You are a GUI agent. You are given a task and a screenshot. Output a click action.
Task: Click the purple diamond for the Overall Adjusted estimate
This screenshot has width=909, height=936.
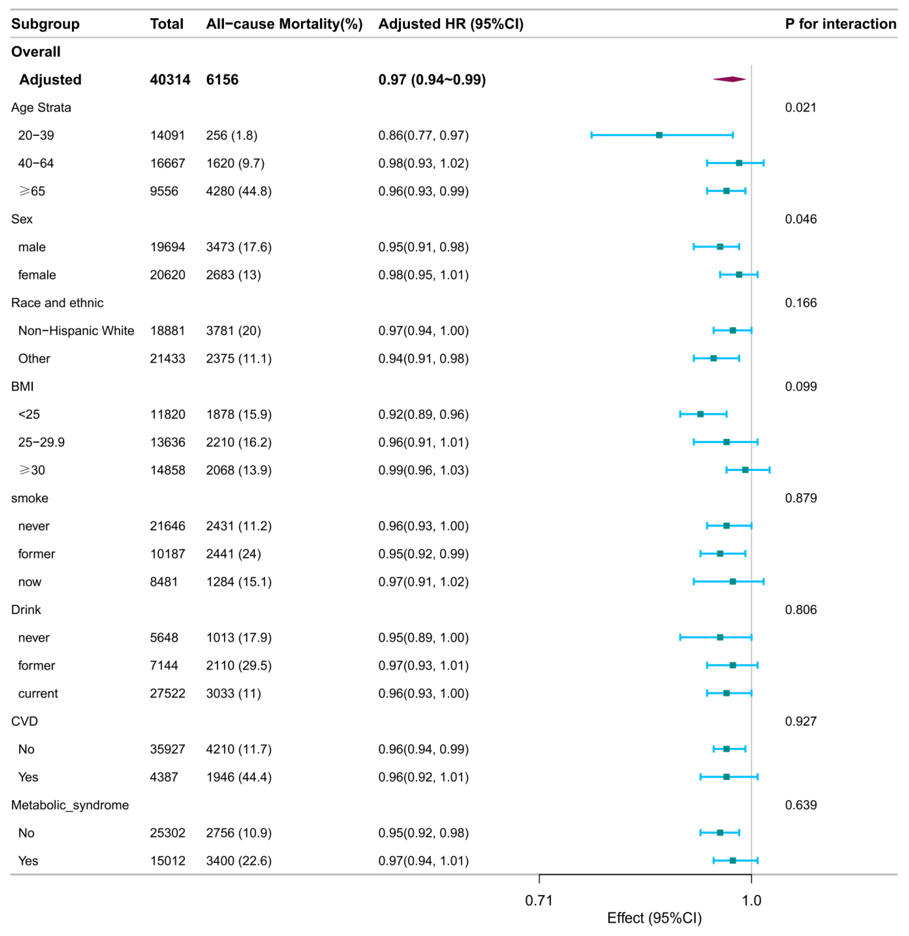click(729, 79)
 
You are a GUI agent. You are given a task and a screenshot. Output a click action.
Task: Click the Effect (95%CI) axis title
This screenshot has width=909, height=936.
click(654, 918)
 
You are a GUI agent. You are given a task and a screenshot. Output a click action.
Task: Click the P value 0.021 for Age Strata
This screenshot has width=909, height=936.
click(801, 107)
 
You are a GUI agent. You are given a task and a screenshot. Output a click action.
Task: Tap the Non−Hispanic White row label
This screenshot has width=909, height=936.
click(76, 331)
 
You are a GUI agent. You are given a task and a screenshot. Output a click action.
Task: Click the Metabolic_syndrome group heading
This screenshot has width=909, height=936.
click(70, 805)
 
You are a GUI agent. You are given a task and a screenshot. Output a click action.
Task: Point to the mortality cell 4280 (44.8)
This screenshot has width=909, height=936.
click(239, 191)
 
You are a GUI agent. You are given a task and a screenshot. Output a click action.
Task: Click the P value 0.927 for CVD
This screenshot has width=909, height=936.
click(801, 722)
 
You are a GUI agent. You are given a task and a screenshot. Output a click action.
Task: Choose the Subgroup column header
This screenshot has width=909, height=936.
click(45, 24)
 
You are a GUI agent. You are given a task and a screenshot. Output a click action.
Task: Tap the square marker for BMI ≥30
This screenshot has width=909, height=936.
click(745, 470)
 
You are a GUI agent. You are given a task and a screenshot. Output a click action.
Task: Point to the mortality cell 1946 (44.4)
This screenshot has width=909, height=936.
click(239, 777)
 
